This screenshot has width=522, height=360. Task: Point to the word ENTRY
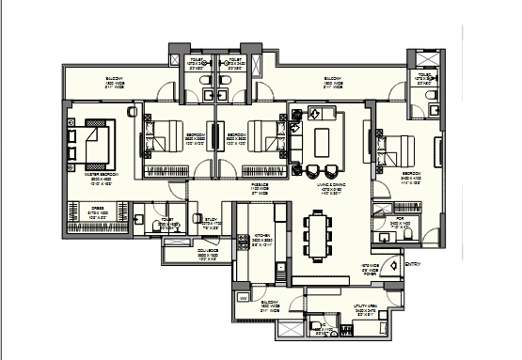point(411,264)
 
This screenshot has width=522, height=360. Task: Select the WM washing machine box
point(245,298)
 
